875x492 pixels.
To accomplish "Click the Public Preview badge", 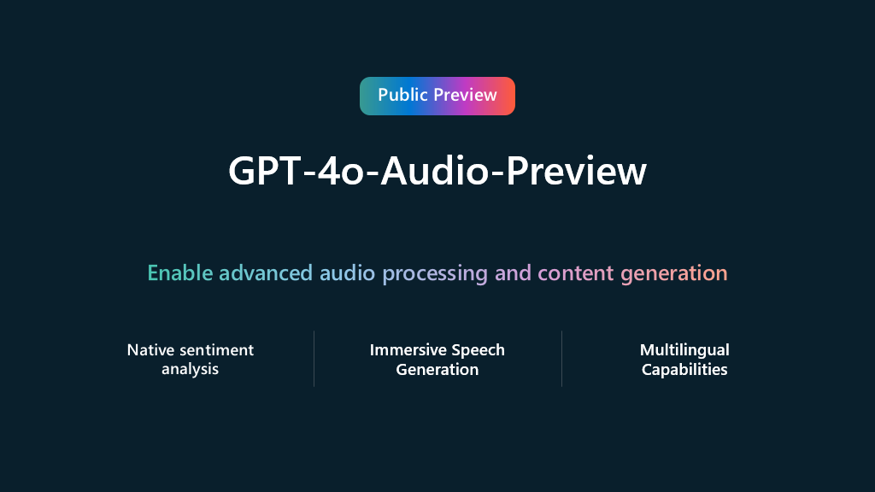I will [437, 96].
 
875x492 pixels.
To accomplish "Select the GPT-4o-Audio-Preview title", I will [437, 172].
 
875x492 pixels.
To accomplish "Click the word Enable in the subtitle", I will [180, 273].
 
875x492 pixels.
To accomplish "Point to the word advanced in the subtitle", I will [266, 273].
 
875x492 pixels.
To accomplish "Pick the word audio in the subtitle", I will [348, 273].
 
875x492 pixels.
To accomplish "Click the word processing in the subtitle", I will [435, 274].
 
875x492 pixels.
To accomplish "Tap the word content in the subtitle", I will [576, 273].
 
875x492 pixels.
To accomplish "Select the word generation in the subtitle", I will [674, 274].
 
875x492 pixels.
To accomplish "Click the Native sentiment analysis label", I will [191, 360].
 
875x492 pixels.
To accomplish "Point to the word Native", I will [150, 350].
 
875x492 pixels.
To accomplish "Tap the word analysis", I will [191, 370].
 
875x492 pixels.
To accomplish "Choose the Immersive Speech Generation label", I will [437, 360].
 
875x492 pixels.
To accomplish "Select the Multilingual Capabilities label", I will [684, 360].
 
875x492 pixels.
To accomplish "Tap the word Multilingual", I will [684, 350].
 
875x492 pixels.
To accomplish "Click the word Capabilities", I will [684, 370].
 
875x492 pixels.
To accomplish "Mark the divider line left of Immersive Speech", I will [314, 359].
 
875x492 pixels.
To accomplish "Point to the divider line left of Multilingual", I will [561, 359].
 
